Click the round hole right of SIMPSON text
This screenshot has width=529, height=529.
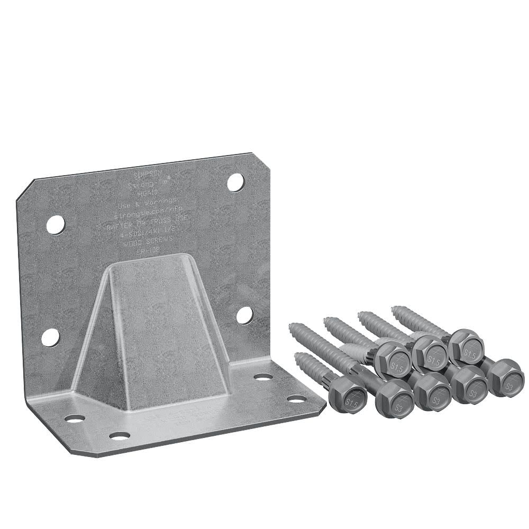pyautogui.click(x=235, y=182)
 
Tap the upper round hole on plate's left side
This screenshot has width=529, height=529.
pyautogui.click(x=55, y=225)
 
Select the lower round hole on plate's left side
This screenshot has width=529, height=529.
pyautogui.click(x=50, y=337)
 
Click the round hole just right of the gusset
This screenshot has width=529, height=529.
pyautogui.click(x=244, y=315)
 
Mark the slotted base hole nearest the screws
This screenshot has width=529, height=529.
pyautogui.click(x=296, y=398)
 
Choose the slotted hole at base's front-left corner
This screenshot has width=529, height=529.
pyautogui.click(x=75, y=418)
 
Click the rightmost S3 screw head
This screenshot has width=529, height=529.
pyautogui.click(x=505, y=378)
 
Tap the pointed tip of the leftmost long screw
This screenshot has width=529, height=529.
pyautogui.click(x=291, y=326)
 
